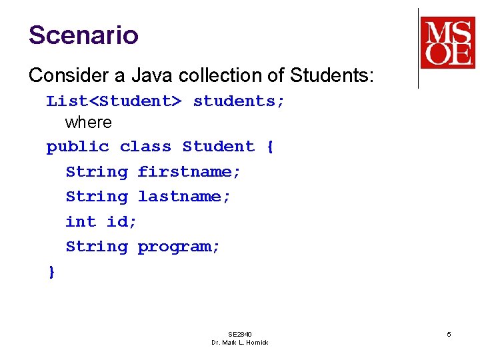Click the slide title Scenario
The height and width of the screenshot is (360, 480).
pos(83,35)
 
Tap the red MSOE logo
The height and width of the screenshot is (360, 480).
pos(447,43)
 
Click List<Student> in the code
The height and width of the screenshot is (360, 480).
pos(114,101)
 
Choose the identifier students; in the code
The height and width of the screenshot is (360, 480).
pos(239,101)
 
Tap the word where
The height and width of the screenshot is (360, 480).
pos(88,123)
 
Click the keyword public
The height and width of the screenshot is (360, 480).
pos(77,147)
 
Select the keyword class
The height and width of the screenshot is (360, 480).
pos(145,147)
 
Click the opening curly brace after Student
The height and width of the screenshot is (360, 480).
pos(269,147)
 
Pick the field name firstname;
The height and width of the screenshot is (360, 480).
pos(189,172)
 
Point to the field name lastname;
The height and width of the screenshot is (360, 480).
pos(184,197)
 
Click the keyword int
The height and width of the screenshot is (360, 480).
pos(81,221)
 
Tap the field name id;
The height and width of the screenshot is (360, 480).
pos(122,221)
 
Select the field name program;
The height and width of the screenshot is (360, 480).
pos(179,247)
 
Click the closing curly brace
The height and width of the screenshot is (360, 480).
pos(51,272)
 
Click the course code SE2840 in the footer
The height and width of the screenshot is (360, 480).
pos(240,334)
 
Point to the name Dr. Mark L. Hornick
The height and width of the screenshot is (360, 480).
pos(240,343)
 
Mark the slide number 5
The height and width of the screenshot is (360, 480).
pos(449,334)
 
